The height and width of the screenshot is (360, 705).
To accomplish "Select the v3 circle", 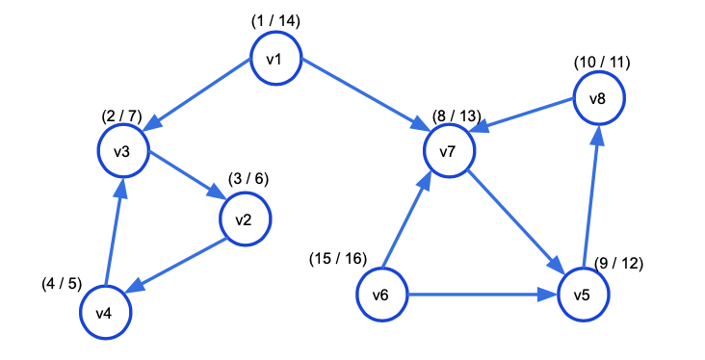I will click(x=122, y=153).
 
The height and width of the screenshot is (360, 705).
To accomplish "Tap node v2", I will click(x=245, y=219).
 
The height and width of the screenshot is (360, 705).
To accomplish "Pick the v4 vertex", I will click(x=104, y=313).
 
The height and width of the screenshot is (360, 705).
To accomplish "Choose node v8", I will click(x=599, y=97).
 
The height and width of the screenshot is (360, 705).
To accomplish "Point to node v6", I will click(x=382, y=294).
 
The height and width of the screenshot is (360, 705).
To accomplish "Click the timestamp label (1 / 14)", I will click(x=274, y=20).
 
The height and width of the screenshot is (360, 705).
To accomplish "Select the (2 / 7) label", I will click(x=121, y=116).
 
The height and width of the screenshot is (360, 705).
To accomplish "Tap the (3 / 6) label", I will click(x=248, y=180).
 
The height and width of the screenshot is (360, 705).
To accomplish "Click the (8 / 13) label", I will click(x=453, y=116).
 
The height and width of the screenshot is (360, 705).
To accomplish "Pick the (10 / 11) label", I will click(x=601, y=63).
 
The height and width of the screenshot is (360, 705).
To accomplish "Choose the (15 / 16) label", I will click(x=338, y=259).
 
